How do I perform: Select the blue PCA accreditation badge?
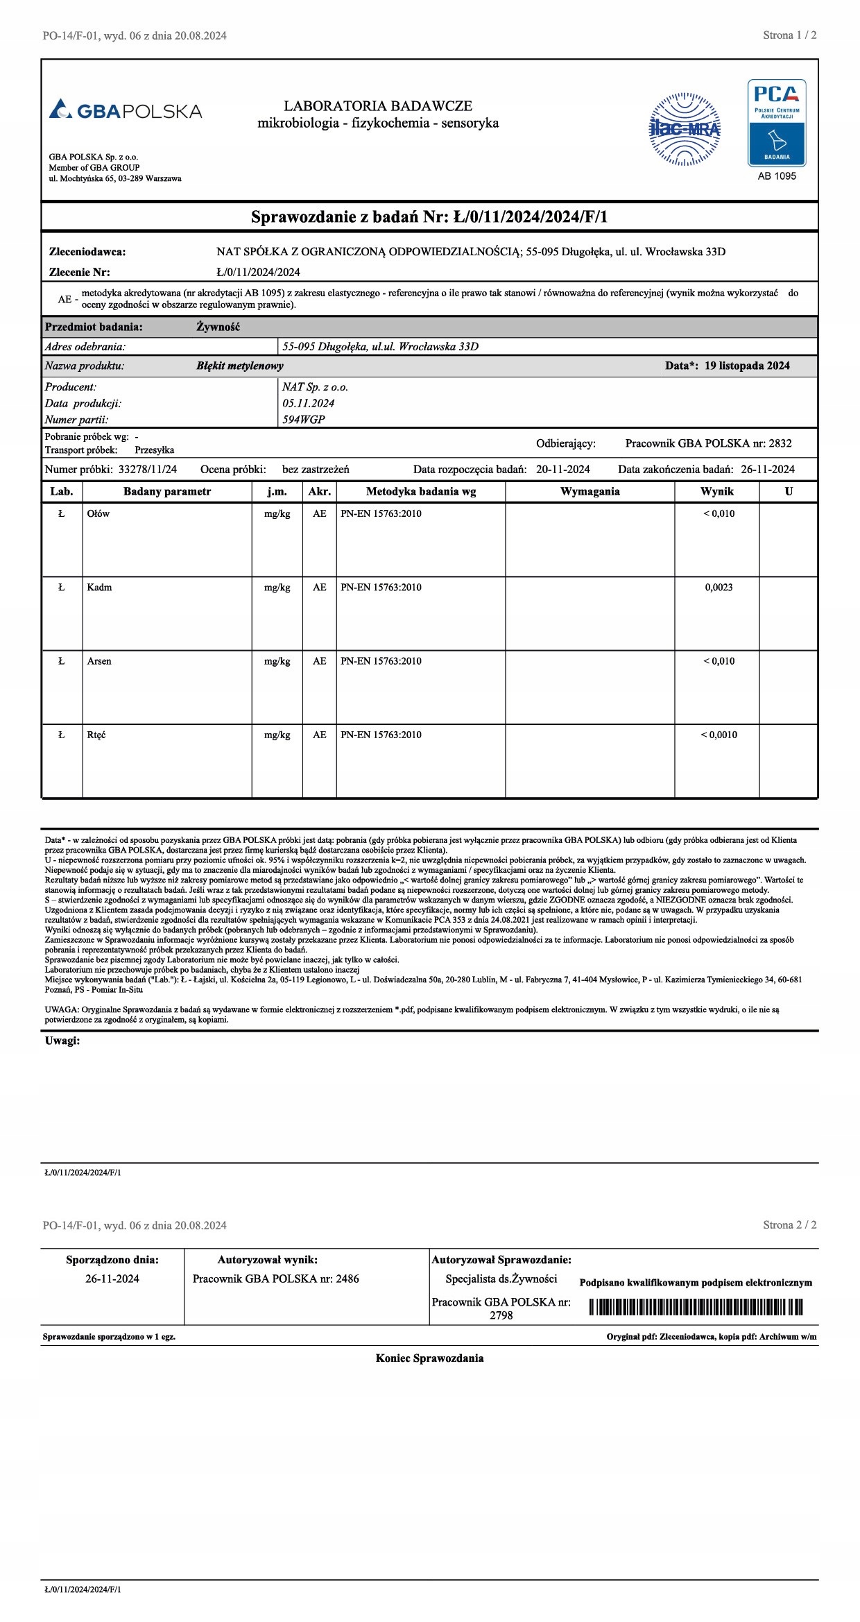click(777, 123)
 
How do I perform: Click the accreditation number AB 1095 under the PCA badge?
click(777, 176)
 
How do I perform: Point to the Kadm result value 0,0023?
click(719, 588)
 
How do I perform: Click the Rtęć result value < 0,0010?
click(719, 735)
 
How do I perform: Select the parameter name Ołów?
click(98, 514)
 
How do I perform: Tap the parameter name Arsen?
click(99, 661)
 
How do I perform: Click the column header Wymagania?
click(590, 491)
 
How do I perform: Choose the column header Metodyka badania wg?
click(421, 491)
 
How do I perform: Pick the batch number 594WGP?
click(303, 419)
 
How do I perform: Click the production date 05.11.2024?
click(309, 403)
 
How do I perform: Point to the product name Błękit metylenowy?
click(239, 366)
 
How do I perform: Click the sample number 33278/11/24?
click(148, 469)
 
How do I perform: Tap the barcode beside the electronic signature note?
click(696, 1307)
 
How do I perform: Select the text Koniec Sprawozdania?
click(429, 1358)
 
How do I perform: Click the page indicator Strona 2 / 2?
click(789, 1224)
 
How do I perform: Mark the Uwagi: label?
click(62, 1041)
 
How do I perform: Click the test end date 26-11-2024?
click(768, 469)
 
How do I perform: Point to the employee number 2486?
click(347, 1279)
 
